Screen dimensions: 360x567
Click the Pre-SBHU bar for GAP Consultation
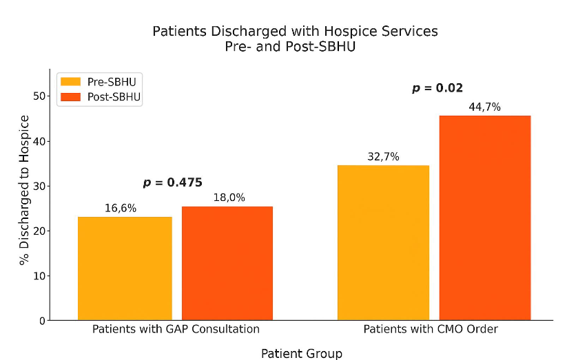125,268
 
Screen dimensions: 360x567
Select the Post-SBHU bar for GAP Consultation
227,263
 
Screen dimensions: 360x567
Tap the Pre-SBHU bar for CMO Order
383,242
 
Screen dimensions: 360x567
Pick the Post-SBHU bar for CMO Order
485,218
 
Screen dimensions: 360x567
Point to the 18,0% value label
227,198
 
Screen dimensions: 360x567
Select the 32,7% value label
383,156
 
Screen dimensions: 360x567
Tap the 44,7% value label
484,107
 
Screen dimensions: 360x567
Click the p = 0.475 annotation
172,182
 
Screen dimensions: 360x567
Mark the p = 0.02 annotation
437,88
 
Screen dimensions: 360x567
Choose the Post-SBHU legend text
114,97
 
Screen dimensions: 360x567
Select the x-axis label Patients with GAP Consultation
176,329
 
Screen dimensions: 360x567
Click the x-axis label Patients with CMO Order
431,329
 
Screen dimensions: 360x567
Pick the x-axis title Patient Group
301,353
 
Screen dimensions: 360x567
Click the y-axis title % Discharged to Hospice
25,190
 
